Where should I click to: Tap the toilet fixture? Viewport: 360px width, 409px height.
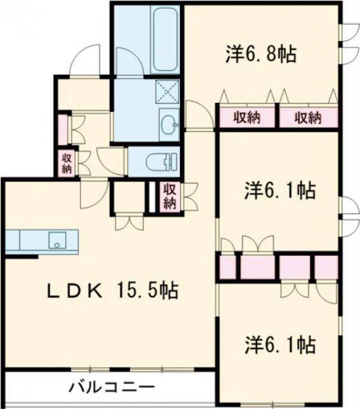[159, 161]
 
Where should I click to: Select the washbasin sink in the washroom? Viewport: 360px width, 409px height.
[169, 124]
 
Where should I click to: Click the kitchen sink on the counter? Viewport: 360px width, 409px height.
[58, 241]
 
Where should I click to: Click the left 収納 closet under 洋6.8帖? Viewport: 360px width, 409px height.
[246, 118]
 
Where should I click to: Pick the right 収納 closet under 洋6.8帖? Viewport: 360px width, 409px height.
[308, 118]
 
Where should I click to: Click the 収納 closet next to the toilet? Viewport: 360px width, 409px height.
[169, 196]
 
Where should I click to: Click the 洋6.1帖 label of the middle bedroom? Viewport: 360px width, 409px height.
[280, 190]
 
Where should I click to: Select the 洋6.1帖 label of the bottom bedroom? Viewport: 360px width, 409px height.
[280, 346]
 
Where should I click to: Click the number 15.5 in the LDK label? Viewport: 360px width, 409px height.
[138, 291]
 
